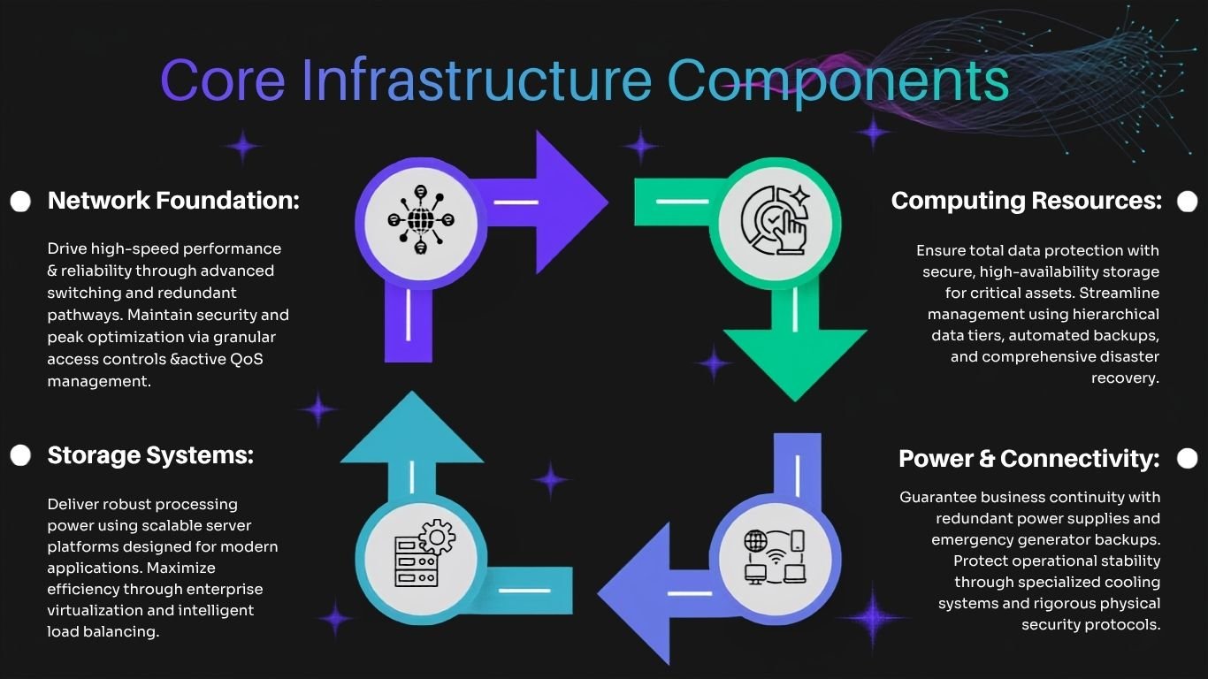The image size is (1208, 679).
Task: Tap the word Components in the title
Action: point(838,83)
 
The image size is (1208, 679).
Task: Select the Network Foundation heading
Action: point(173,201)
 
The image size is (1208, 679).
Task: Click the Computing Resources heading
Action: point(1026,202)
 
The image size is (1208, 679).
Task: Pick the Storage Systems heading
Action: point(150,456)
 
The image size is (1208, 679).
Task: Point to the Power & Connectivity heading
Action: point(1029,459)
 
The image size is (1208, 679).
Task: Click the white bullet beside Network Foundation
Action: point(20,202)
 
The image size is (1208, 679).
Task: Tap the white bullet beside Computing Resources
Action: point(1187,202)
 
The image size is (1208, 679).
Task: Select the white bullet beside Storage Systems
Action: point(20,455)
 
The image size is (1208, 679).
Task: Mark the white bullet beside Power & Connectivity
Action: point(1187,459)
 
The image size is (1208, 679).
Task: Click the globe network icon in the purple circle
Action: point(421,219)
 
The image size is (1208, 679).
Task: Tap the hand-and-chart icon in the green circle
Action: point(776,219)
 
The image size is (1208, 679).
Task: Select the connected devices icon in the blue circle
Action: point(775,557)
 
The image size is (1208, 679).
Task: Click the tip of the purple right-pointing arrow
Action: point(608,202)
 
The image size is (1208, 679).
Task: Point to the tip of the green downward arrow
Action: point(795,401)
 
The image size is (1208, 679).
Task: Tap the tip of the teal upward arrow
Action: point(412,392)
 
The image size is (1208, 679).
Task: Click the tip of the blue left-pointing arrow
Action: point(599,593)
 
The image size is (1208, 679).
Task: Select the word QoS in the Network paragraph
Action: point(247,359)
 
